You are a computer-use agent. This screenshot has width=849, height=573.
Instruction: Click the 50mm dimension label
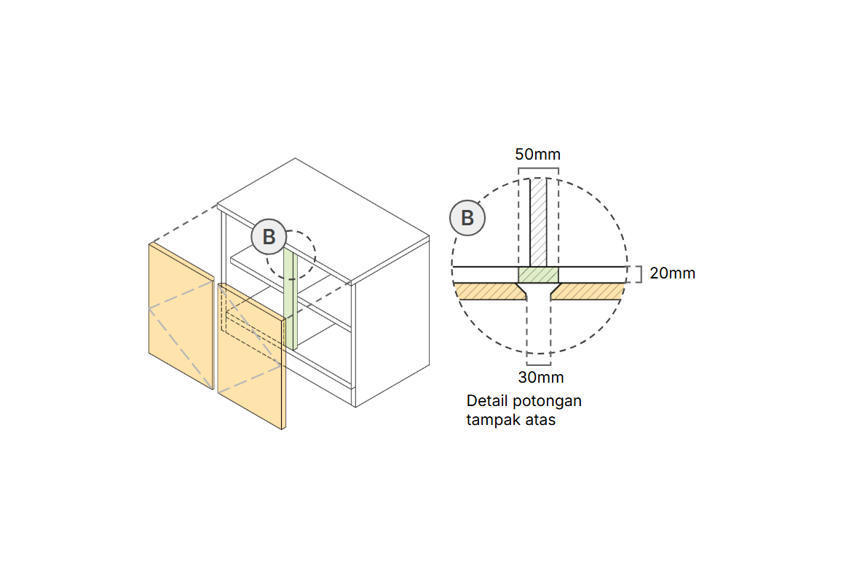pyautogui.click(x=537, y=155)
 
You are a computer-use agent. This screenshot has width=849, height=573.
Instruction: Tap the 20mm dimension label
pyautogui.click(x=672, y=273)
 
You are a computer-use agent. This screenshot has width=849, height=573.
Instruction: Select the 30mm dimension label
pyautogui.click(x=540, y=377)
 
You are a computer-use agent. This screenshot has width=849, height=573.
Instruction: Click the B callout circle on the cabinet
pyautogui.click(x=269, y=237)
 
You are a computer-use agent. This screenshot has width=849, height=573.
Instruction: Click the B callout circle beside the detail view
pyautogui.click(x=467, y=218)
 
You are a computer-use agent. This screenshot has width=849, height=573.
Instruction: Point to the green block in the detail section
pyautogui.click(x=538, y=275)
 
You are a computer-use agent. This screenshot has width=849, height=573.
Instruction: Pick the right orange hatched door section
pyautogui.click(x=588, y=291)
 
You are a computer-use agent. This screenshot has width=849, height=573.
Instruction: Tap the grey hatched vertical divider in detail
pyautogui.click(x=538, y=222)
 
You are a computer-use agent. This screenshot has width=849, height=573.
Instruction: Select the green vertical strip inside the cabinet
pyautogui.click(x=291, y=299)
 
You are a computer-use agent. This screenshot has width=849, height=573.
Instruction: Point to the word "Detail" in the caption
pyautogui.click(x=486, y=401)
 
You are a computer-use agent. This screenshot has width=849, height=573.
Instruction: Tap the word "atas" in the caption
pyautogui.click(x=540, y=421)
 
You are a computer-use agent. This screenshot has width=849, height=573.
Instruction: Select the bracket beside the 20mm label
pyautogui.click(x=638, y=273)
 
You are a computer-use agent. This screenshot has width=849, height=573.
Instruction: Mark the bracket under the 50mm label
pyautogui.click(x=538, y=171)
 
